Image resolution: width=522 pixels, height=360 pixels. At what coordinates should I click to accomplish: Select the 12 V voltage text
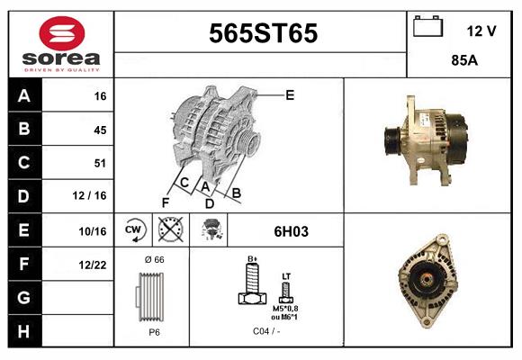click(481, 31)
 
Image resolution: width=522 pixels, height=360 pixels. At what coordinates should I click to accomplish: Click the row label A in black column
click(24, 95)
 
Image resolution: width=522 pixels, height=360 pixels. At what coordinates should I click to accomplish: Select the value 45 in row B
click(99, 130)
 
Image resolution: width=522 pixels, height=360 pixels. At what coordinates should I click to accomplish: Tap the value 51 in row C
click(99, 164)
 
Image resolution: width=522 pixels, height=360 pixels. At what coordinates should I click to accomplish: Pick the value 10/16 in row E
click(92, 231)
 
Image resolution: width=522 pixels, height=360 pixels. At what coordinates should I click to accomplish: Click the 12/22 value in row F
click(92, 265)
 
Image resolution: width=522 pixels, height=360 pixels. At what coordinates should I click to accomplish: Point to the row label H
click(24, 331)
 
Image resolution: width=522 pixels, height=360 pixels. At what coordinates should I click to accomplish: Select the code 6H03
click(291, 231)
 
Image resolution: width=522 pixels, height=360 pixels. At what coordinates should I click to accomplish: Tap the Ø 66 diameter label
click(154, 259)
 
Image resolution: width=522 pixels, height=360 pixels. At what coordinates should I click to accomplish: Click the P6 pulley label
click(154, 332)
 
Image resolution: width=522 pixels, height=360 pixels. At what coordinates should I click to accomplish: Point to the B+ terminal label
click(253, 258)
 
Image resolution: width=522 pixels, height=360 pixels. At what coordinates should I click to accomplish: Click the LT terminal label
click(286, 276)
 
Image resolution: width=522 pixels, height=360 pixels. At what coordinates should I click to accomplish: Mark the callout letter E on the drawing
click(290, 94)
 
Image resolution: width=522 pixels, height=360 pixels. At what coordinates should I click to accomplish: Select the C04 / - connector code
click(266, 332)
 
